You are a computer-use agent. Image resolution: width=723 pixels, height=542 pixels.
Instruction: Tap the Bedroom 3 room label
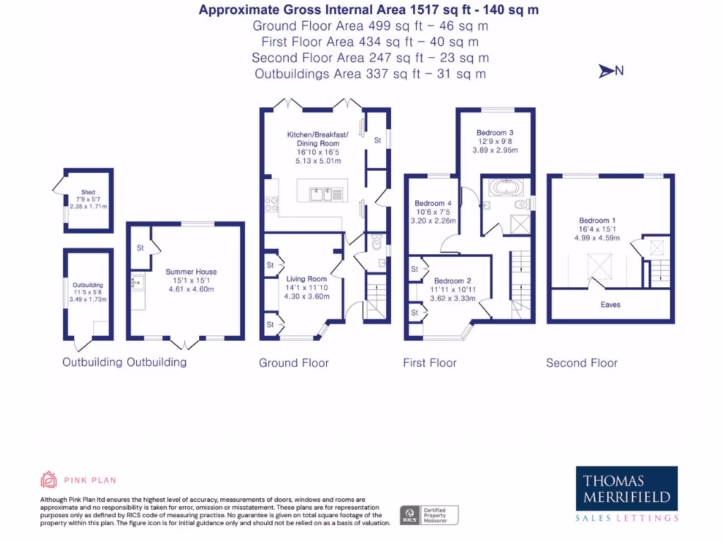[494, 133]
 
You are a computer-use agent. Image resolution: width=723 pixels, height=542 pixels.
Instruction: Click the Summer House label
[191, 272]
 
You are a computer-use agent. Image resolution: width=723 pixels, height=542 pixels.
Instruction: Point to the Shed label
[88, 191]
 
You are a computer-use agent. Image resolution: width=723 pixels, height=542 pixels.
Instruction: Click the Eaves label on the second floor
[611, 305]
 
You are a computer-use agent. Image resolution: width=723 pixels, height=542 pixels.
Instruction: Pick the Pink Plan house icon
[49, 480]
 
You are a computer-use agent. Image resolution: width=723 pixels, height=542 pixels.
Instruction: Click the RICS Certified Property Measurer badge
[429, 514]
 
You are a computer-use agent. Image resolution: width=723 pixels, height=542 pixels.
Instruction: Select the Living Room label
[306, 279]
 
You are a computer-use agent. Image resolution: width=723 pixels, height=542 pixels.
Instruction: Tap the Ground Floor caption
[294, 363]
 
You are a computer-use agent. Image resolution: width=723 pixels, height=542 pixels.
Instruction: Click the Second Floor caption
[582, 363]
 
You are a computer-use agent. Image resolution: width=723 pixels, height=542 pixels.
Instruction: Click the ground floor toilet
[376, 241]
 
